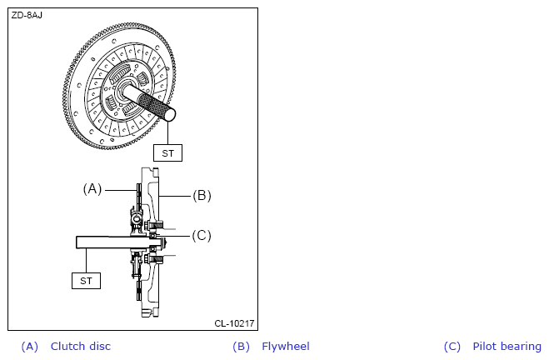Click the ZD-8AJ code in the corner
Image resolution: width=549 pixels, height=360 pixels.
pos(27,15)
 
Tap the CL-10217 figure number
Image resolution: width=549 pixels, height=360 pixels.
pos(234,323)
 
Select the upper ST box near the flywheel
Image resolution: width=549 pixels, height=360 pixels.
pos(167,153)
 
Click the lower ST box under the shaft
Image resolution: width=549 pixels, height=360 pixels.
pos(86,281)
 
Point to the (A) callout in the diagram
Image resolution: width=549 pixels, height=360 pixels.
pos(92,189)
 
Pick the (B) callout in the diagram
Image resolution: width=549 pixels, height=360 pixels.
pos(202,195)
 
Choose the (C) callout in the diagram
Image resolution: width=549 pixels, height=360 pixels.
pos(202,235)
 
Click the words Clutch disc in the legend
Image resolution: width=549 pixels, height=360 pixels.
pos(81,347)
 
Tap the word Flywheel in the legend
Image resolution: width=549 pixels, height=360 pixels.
pos(286,347)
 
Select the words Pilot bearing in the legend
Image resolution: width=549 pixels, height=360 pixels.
pos(507,347)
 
